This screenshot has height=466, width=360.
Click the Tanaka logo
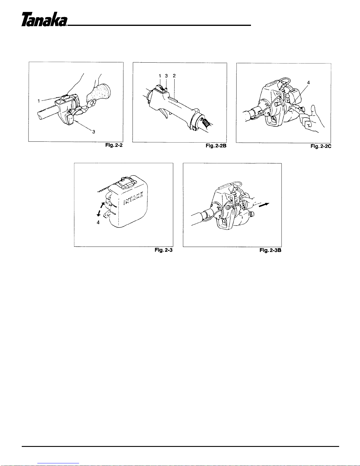[44, 19]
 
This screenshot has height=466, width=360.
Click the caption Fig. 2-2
[114, 145]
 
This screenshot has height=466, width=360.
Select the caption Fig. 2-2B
[216, 146]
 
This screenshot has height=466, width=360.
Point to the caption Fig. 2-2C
[321, 146]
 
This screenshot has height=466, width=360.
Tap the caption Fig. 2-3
[163, 250]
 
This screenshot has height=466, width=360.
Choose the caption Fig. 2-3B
[270, 250]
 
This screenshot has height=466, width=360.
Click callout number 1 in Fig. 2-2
[39, 101]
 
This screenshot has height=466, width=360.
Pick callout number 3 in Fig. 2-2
[94, 132]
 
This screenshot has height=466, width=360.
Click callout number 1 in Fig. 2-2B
[160, 76]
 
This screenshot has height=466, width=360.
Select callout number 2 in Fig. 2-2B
[174, 76]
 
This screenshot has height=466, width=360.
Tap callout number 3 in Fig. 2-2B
[166, 76]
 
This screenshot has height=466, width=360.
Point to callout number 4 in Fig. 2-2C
[308, 83]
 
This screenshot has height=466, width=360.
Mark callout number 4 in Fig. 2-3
[98, 223]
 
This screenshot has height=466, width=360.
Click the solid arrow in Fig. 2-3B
[264, 205]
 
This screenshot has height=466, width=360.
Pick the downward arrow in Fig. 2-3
[99, 213]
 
